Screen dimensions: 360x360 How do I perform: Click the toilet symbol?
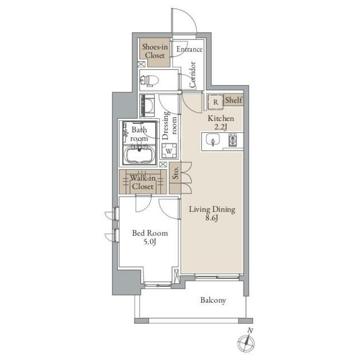click(150, 80)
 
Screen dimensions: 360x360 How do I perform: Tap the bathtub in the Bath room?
click(139, 155)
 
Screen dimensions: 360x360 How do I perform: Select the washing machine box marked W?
click(169, 151)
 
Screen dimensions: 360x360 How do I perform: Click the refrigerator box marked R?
click(215, 102)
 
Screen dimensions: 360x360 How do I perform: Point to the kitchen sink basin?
click(213, 140)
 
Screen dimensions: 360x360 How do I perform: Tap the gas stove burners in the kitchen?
click(233, 140)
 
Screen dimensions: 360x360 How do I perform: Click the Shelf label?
click(233, 100)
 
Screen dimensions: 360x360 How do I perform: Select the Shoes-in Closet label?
click(155, 51)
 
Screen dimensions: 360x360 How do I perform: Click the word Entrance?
click(189, 49)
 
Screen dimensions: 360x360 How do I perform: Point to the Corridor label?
click(192, 75)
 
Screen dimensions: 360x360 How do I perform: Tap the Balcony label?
click(213, 300)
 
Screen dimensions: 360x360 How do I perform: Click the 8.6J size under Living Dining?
click(211, 218)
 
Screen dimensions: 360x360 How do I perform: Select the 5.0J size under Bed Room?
click(150, 242)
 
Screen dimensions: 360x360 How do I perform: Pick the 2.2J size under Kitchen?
click(220, 127)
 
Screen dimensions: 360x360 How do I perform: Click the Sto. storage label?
click(175, 173)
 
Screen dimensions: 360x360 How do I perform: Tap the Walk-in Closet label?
click(142, 182)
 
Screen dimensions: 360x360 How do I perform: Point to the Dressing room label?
click(170, 125)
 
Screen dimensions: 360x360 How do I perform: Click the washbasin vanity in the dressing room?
click(147, 106)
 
